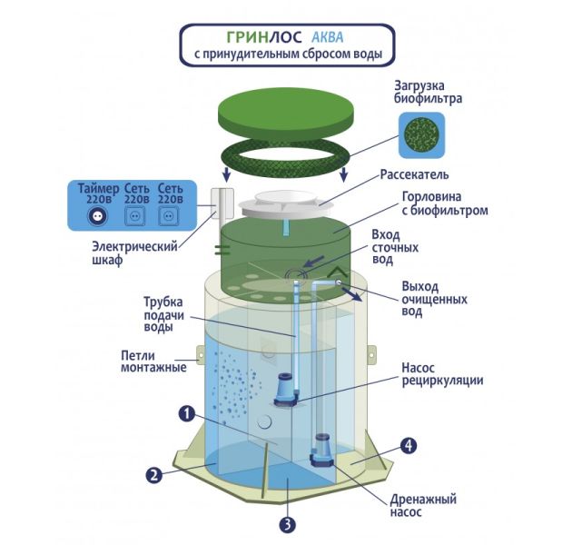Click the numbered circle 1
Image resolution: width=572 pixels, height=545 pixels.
(186, 413)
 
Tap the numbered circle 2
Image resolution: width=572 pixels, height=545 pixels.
(154, 473)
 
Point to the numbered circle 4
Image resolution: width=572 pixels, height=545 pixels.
(409, 446)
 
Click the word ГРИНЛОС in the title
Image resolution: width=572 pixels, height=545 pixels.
(251, 38)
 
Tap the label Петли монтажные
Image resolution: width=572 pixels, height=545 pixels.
(153, 362)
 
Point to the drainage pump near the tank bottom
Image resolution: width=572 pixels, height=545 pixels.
(322, 450)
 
